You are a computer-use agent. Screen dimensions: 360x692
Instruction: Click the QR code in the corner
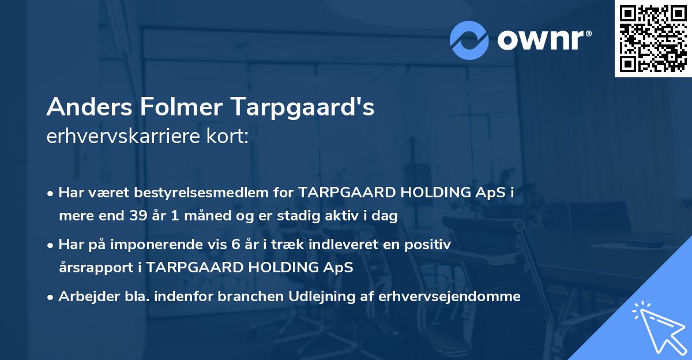[x=653, y=39]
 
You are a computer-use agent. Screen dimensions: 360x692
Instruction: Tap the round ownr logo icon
[x=469, y=40]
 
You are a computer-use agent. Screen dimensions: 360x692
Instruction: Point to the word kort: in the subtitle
[x=230, y=137]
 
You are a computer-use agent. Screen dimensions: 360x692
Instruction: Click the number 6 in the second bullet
[x=235, y=245]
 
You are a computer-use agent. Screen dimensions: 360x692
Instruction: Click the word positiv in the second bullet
[x=430, y=245]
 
